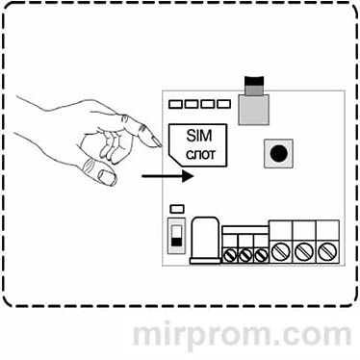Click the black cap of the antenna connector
(x=255, y=83)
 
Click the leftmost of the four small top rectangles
(x=176, y=102)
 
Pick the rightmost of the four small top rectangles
(x=223, y=102)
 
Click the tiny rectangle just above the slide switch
(x=176, y=210)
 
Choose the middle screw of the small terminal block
(x=245, y=255)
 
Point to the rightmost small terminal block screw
(x=259, y=255)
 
